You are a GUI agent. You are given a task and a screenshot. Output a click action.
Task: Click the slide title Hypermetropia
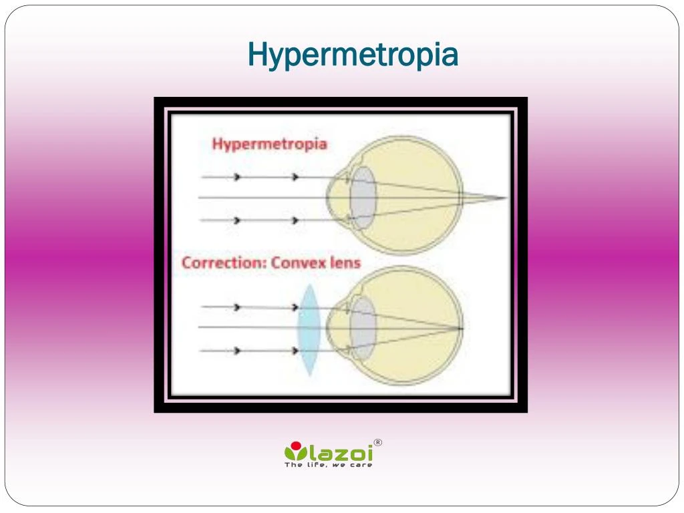click(x=353, y=55)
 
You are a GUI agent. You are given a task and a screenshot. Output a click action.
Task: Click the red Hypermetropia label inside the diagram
click(x=270, y=144)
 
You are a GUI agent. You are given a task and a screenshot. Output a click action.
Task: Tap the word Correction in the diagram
click(x=223, y=263)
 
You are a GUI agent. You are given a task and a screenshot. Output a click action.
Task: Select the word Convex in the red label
click(x=299, y=263)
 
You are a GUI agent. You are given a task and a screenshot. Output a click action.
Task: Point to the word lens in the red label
click(x=345, y=263)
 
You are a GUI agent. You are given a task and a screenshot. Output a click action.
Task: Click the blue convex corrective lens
click(x=309, y=329)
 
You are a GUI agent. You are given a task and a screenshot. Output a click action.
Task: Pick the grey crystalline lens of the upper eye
click(x=363, y=198)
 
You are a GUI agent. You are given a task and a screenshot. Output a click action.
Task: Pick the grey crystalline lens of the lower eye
click(x=363, y=327)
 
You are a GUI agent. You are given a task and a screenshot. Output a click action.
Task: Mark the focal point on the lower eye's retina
click(x=462, y=328)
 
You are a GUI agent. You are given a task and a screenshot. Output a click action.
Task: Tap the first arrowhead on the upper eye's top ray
click(x=236, y=177)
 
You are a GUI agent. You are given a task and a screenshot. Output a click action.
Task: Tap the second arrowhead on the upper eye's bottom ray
click(x=295, y=220)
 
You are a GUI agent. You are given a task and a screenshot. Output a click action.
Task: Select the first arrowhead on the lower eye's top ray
click(x=236, y=307)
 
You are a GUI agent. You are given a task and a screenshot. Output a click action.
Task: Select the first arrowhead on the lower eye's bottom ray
click(x=236, y=350)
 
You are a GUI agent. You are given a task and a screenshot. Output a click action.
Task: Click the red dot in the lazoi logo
click(x=296, y=446)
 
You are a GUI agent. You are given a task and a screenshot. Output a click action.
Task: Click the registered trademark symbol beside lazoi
click(x=377, y=442)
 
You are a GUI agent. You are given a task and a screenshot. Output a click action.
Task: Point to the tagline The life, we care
click(x=329, y=465)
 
